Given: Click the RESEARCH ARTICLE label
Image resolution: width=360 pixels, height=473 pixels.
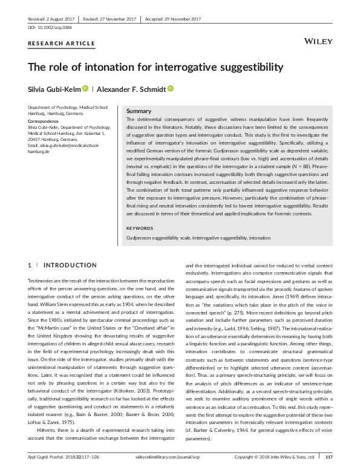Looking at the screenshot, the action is [x=62, y=44].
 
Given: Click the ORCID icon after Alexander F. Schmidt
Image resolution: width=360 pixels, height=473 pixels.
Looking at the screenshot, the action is [x=171, y=88].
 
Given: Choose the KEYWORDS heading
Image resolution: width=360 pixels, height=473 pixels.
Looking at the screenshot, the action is [x=140, y=228].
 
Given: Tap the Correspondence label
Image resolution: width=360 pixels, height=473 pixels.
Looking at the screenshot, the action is [x=44, y=122].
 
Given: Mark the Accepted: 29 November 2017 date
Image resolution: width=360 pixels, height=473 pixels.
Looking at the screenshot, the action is [x=171, y=19].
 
